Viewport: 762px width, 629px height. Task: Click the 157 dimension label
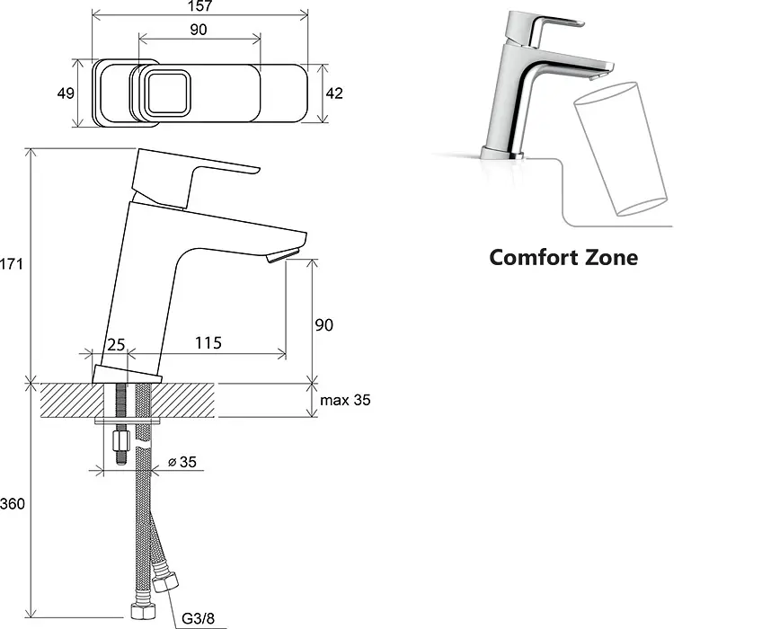[x=200, y=5]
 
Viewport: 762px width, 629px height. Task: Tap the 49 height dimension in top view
[x=66, y=93]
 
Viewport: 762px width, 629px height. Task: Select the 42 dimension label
[x=334, y=93]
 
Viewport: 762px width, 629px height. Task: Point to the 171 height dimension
[x=11, y=264]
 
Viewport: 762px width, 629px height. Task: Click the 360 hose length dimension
[x=13, y=503]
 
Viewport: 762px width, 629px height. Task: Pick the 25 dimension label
[x=116, y=345]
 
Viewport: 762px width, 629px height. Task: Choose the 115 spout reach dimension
[x=208, y=343]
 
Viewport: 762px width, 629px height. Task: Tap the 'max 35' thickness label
[x=345, y=400]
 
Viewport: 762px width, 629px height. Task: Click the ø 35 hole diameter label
[x=182, y=462]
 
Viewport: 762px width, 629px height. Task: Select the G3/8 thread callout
[x=198, y=618]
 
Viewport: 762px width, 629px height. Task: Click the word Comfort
[x=533, y=257]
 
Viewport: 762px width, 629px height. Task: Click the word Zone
[x=611, y=257]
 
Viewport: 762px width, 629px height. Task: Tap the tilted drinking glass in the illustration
[x=621, y=149]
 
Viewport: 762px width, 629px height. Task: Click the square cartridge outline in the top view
[x=168, y=93]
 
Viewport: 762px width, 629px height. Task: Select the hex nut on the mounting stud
[x=121, y=441]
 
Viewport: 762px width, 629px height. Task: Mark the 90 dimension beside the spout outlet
[x=324, y=324]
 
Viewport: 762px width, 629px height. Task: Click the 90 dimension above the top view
[x=199, y=30]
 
